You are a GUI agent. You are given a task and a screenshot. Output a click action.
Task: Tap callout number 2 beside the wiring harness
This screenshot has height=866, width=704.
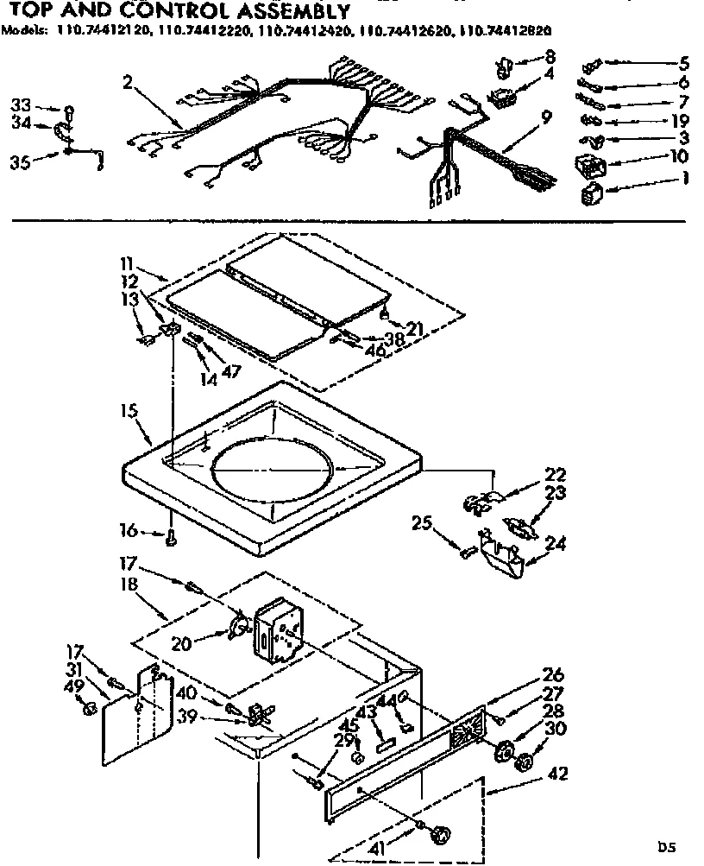(127, 83)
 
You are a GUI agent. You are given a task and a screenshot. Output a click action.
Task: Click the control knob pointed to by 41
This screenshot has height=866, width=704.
(442, 834)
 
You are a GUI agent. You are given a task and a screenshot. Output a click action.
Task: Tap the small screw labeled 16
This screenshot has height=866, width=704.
(171, 540)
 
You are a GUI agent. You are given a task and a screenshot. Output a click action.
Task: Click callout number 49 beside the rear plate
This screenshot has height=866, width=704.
(76, 686)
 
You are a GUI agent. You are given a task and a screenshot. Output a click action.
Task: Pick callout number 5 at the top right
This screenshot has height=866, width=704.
(683, 62)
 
